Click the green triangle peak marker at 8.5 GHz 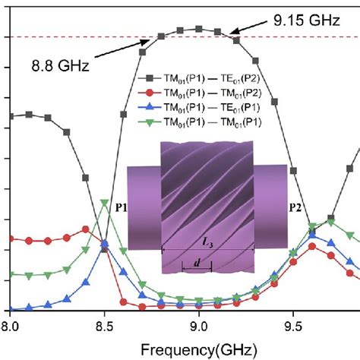[x=105, y=203]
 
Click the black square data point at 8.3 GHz [x=67, y=132]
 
